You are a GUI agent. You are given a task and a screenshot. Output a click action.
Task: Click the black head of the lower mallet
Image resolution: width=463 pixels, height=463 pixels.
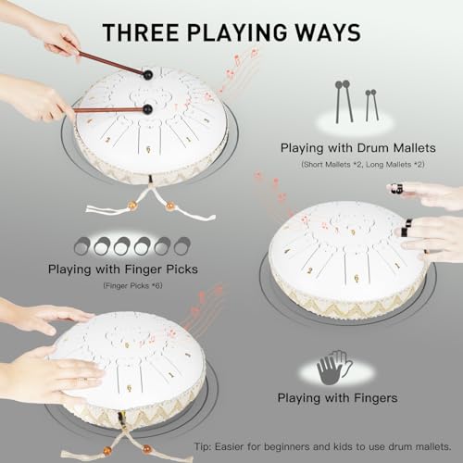coord(147,108)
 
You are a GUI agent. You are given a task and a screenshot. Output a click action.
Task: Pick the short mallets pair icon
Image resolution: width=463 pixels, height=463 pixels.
coord(371,103)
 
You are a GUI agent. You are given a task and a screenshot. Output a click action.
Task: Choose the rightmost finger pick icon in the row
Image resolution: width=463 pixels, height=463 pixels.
coord(182,245)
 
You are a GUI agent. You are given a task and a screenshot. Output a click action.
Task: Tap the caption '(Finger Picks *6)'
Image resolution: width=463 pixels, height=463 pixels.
coord(132,286)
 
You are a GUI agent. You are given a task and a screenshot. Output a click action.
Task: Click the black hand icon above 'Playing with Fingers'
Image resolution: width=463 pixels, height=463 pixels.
coord(333,368)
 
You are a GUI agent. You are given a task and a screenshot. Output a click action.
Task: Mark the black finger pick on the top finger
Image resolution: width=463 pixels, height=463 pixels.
coord(396,188)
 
